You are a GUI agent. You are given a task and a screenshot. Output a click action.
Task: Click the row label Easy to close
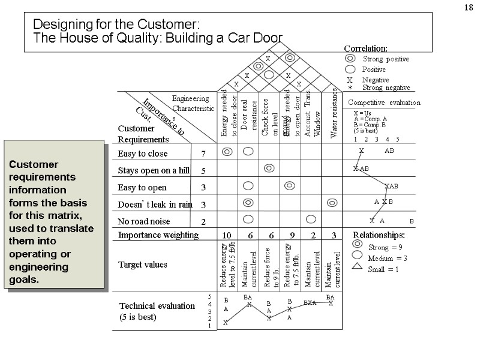(x=143, y=154)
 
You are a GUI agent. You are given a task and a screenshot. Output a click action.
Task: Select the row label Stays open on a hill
(x=154, y=170)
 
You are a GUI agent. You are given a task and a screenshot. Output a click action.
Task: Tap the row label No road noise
(x=145, y=221)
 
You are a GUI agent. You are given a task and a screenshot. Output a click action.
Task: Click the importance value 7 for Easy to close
(x=203, y=154)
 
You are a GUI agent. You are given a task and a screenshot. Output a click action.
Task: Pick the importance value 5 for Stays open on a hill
(x=203, y=171)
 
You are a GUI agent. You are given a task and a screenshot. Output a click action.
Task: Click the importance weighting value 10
(x=227, y=235)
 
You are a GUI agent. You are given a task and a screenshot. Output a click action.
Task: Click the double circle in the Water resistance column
(x=332, y=203)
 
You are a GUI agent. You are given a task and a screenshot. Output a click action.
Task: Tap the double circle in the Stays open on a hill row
(x=269, y=168)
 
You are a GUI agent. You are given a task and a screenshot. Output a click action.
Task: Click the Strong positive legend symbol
(x=350, y=59)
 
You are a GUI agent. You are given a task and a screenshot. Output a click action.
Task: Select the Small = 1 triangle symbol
(x=358, y=269)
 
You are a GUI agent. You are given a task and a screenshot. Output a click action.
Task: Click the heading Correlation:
(x=365, y=48)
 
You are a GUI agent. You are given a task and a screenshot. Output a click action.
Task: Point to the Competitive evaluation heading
(x=384, y=103)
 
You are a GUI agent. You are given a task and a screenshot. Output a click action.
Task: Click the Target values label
(x=143, y=265)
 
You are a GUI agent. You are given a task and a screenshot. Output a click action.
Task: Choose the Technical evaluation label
(x=157, y=306)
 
